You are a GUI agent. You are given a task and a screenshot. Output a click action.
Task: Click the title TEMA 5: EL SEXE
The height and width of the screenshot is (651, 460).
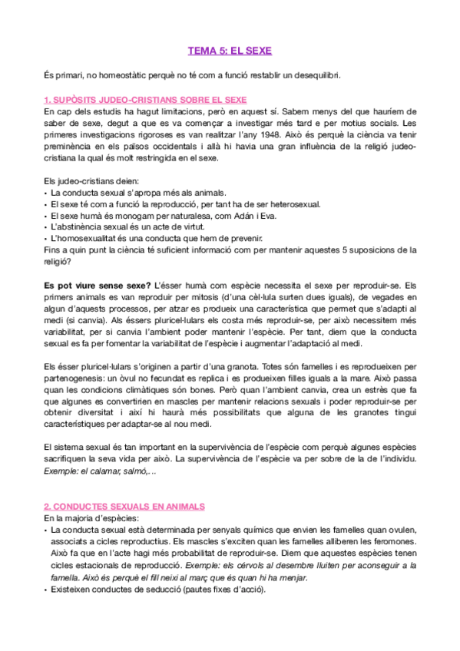[230, 51]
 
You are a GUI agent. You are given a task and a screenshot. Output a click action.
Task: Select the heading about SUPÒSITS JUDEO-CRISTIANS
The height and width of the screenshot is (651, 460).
[145, 100]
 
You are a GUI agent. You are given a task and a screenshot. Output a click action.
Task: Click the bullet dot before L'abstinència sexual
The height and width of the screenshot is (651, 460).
[46, 228]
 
